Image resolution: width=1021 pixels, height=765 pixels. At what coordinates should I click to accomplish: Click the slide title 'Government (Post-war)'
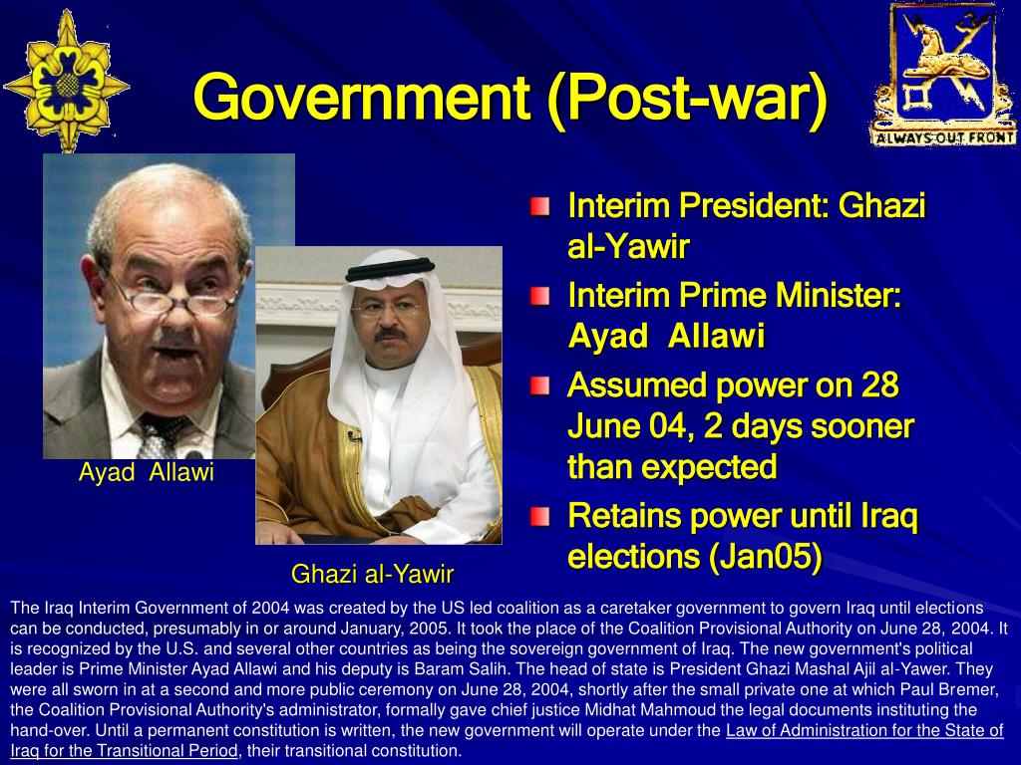tap(510, 98)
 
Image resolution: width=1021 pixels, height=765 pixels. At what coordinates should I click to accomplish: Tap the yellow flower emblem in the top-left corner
tap(66, 82)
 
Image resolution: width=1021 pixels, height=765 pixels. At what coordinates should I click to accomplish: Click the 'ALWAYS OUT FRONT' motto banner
tap(943, 137)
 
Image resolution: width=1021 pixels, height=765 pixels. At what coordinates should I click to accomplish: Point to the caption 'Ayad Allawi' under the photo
tap(146, 471)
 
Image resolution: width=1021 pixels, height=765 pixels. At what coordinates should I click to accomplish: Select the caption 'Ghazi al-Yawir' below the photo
tap(372, 574)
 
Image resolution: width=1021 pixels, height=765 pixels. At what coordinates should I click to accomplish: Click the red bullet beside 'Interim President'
tap(539, 207)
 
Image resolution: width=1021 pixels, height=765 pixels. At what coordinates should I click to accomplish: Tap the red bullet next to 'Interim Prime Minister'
tap(539, 297)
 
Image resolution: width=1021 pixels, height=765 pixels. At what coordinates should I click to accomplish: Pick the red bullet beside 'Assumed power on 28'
tap(539, 386)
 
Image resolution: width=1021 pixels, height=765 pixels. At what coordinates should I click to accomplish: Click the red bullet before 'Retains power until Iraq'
tap(539, 517)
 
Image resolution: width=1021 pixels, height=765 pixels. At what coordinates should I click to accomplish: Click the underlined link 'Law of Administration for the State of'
tap(864, 730)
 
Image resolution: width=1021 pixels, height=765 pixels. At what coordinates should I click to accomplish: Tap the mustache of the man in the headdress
tap(390, 335)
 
